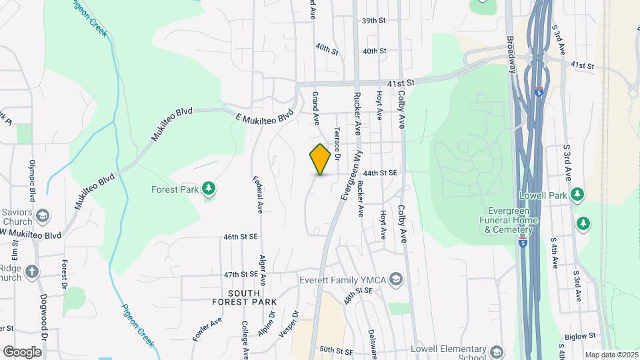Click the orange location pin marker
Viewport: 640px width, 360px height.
[320, 160]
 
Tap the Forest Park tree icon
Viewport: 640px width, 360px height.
[209, 189]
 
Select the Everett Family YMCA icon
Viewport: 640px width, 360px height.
[397, 279]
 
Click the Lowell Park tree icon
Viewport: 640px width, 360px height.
[577, 195]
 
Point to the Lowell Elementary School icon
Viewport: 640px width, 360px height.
[496, 351]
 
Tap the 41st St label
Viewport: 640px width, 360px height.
[401, 82]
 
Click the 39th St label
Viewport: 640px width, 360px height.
[374, 21]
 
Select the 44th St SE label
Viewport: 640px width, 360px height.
[380, 173]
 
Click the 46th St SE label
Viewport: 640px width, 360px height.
[241, 237]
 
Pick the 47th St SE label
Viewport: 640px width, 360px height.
[241, 274]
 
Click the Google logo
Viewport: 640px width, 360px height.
[22, 351]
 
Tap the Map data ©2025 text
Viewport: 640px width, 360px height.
[610, 355]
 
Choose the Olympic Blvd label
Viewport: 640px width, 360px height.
[32, 180]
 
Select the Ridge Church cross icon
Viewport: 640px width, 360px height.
[33, 271]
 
